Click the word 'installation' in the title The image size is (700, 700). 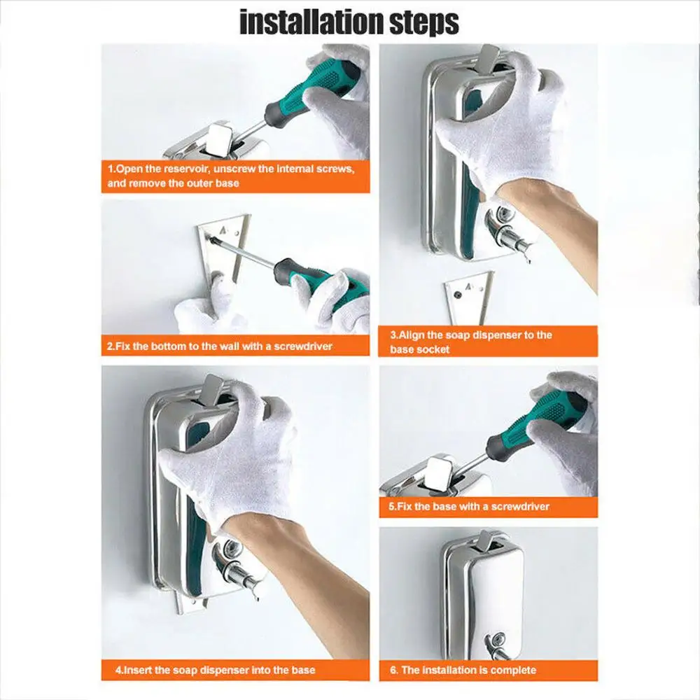[x=311, y=22]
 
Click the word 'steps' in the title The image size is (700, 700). [x=424, y=23]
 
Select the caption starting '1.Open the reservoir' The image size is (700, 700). [x=231, y=176]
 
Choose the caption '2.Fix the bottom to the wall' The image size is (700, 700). [x=220, y=346]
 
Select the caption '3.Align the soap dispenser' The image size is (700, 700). [x=470, y=342]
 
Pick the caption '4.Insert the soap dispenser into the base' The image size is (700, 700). [x=215, y=670]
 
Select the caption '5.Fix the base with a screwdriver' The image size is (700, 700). [x=469, y=507]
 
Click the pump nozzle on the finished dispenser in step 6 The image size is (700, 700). [x=498, y=647]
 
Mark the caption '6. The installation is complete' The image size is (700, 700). [x=463, y=670]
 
